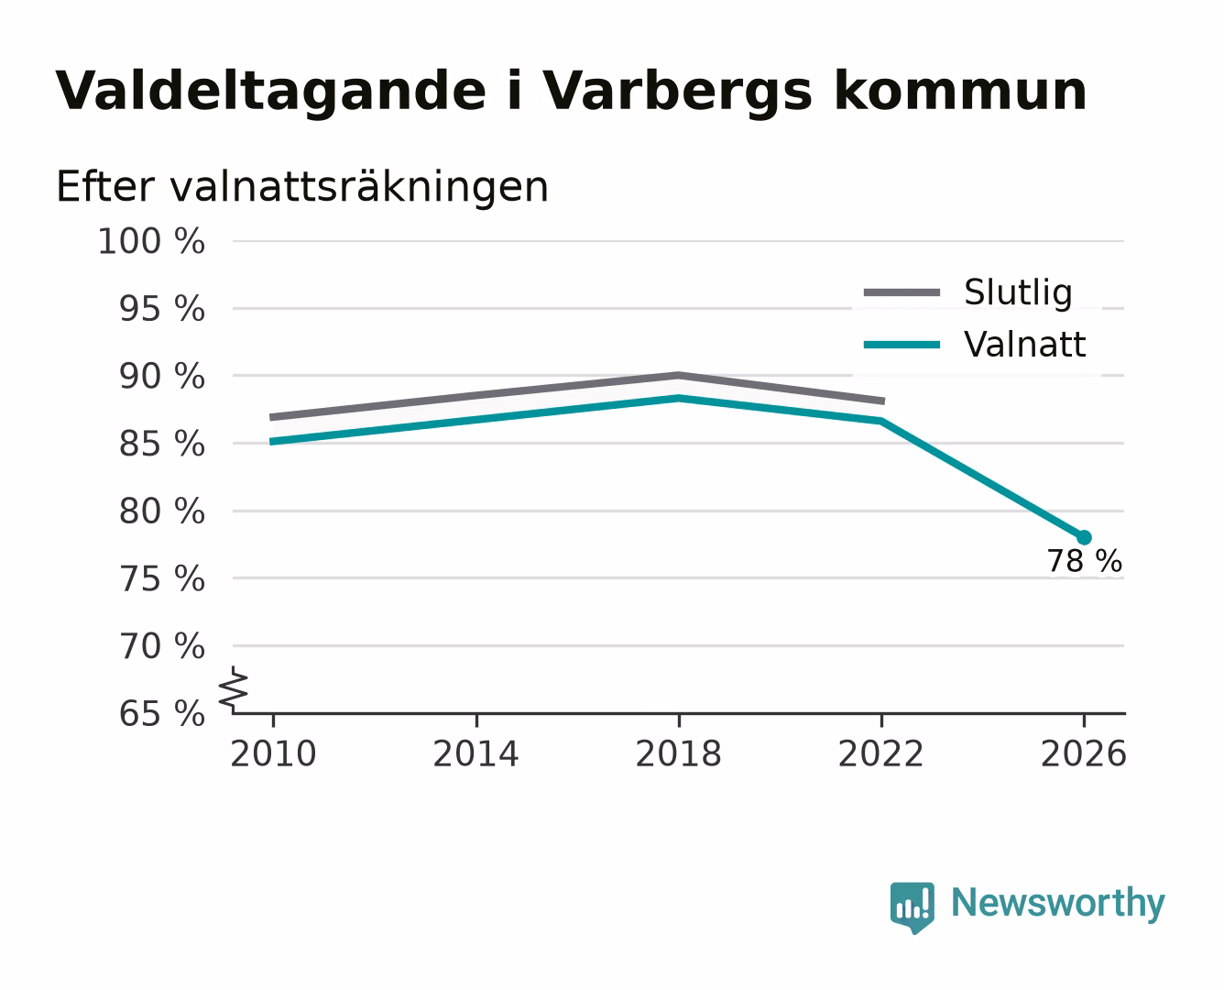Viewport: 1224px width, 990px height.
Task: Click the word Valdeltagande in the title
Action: (270, 92)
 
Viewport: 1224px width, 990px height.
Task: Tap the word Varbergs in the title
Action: (678, 92)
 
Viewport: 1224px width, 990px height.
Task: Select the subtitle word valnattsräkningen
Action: (359, 187)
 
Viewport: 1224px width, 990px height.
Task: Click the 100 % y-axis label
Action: (151, 241)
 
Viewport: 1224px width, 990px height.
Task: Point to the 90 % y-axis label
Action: (162, 377)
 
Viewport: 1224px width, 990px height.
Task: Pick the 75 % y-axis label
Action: (162, 578)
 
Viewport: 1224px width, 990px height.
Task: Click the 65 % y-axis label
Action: (162, 714)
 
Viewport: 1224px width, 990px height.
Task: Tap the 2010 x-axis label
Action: (274, 753)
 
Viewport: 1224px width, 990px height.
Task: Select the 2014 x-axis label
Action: (475, 753)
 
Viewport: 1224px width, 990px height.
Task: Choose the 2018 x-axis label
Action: (679, 753)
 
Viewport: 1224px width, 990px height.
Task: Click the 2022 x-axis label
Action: (881, 753)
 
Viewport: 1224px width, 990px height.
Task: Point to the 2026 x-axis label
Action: (1084, 753)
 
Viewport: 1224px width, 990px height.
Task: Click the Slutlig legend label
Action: (1018, 293)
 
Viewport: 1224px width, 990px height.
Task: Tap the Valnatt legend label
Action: (1024, 345)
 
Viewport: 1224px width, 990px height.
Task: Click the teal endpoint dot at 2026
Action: (1084, 537)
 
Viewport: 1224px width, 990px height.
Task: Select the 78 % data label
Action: (1085, 561)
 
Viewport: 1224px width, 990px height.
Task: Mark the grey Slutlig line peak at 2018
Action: (679, 376)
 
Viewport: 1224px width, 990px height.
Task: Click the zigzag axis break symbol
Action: (234, 689)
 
